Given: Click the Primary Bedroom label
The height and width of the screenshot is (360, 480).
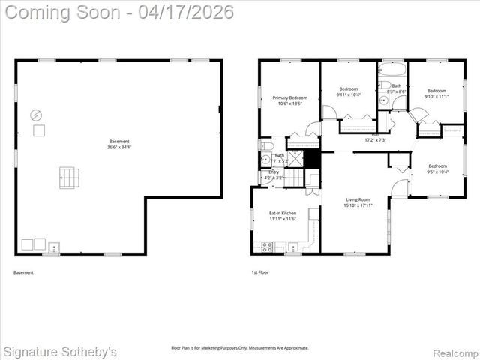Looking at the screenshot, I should [289, 97].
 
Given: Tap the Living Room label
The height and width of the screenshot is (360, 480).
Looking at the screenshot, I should [358, 199].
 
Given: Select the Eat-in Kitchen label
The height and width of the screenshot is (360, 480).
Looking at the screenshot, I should [283, 214].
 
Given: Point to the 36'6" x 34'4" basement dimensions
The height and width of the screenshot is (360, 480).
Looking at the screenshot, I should [119, 147].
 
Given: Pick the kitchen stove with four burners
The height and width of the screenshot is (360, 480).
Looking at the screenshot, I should [266, 246].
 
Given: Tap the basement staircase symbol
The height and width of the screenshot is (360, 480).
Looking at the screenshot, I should [69, 178].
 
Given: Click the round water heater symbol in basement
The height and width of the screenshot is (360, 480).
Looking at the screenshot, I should [36, 115].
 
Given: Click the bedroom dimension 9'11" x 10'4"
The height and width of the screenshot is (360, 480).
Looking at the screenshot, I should [349, 94].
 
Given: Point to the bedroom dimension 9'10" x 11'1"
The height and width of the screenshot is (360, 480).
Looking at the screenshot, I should [436, 96].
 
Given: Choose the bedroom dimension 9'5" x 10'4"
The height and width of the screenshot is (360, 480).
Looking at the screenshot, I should [436, 172].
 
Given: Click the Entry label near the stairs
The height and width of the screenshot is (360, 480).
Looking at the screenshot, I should [274, 172].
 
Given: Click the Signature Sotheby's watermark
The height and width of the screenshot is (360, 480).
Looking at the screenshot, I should [60, 351].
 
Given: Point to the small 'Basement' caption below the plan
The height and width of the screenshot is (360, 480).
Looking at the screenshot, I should [24, 272].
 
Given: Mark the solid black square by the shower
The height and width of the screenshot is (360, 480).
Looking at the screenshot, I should [312, 159].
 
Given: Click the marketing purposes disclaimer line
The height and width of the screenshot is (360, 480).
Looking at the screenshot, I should [240, 347].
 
